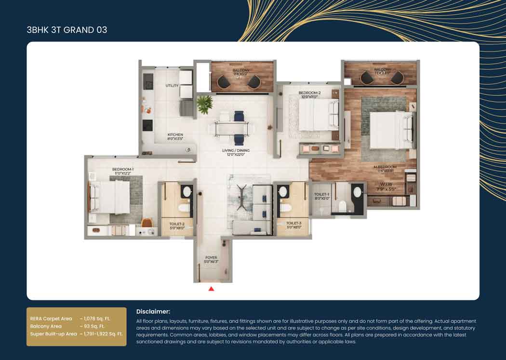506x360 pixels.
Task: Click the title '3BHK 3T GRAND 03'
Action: tap(67, 30)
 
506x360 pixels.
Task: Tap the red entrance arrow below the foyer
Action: tap(211, 289)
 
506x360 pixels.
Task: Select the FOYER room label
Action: tap(211, 258)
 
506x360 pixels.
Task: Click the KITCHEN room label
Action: tap(175, 135)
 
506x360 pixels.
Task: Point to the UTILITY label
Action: tap(172, 86)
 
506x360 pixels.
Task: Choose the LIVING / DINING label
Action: tap(236, 150)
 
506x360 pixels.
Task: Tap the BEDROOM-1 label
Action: tap(123, 169)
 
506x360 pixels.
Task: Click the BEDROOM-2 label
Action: tap(309, 93)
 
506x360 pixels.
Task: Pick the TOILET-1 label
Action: tap(321, 194)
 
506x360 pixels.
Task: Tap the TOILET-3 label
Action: tap(293, 224)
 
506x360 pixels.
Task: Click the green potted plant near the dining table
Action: tap(205, 104)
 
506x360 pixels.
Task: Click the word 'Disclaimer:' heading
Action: tap(153, 312)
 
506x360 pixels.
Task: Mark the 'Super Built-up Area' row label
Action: tap(53, 334)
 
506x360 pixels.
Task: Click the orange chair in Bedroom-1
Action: tap(147, 223)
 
